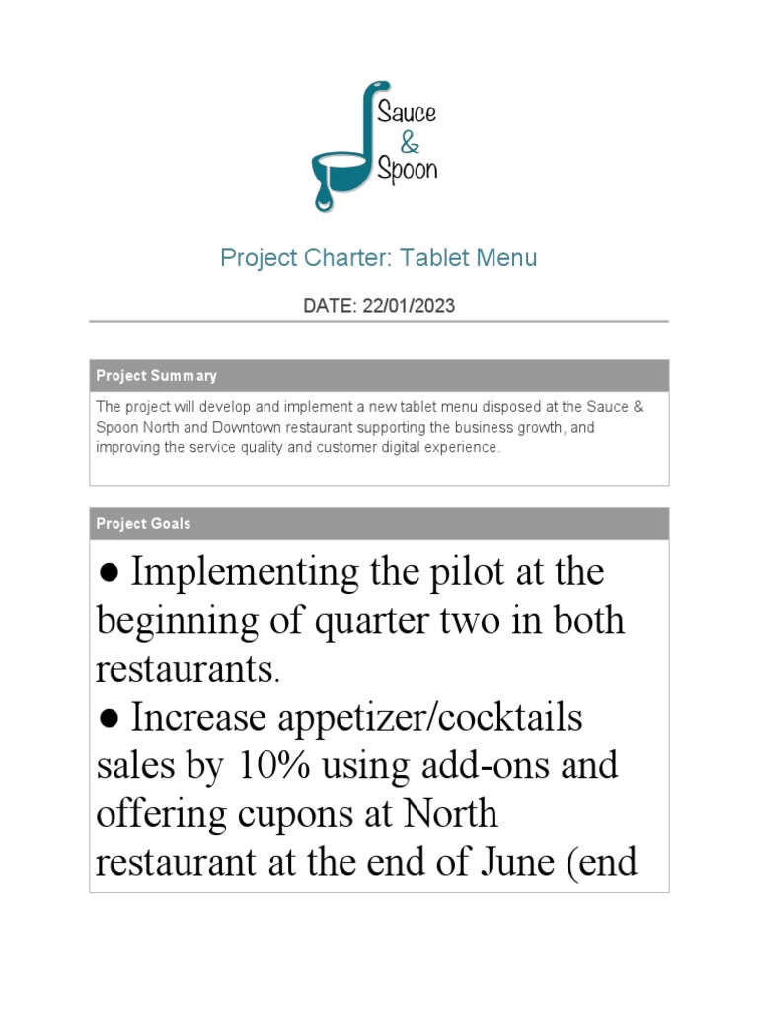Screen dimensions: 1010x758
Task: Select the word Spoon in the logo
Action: click(408, 170)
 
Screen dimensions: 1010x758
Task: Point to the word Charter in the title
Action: click(339, 258)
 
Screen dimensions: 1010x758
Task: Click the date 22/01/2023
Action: click(409, 306)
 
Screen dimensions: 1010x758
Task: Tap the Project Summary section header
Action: click(156, 376)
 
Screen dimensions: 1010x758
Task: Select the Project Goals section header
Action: click(143, 524)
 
